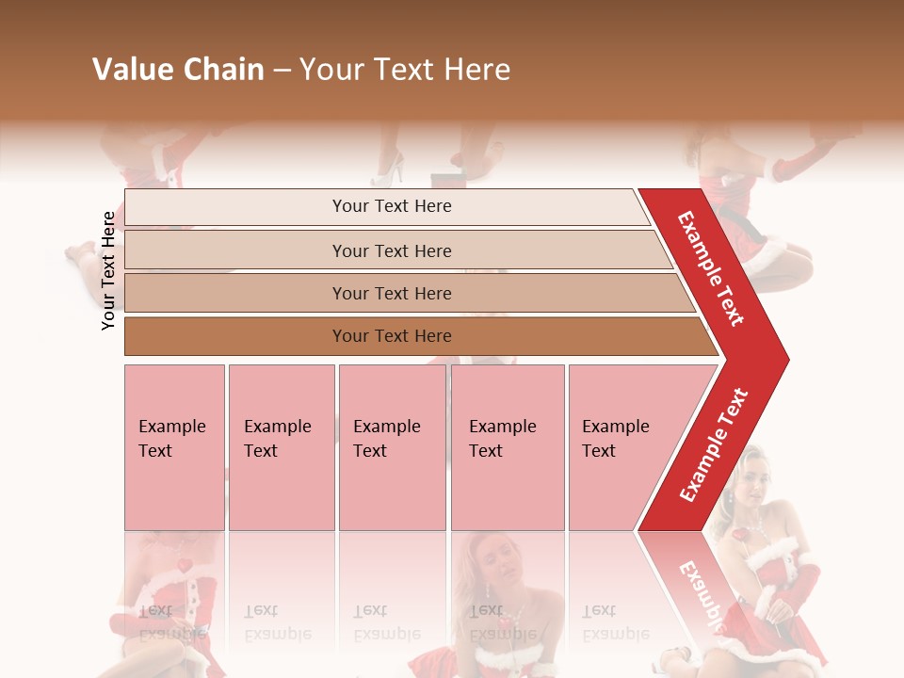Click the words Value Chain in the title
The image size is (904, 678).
178,70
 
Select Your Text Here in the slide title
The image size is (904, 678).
405,70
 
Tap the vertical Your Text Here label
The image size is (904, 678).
109,270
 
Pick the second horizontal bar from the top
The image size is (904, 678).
391,250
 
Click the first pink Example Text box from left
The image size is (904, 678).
174,446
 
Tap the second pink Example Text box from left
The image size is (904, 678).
281,446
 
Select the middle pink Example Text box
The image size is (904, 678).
392,446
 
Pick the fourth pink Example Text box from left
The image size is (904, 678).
507,446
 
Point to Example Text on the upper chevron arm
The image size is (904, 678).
711,268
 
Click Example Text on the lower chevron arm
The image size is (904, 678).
714,445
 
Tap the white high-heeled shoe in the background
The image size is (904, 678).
388,171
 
